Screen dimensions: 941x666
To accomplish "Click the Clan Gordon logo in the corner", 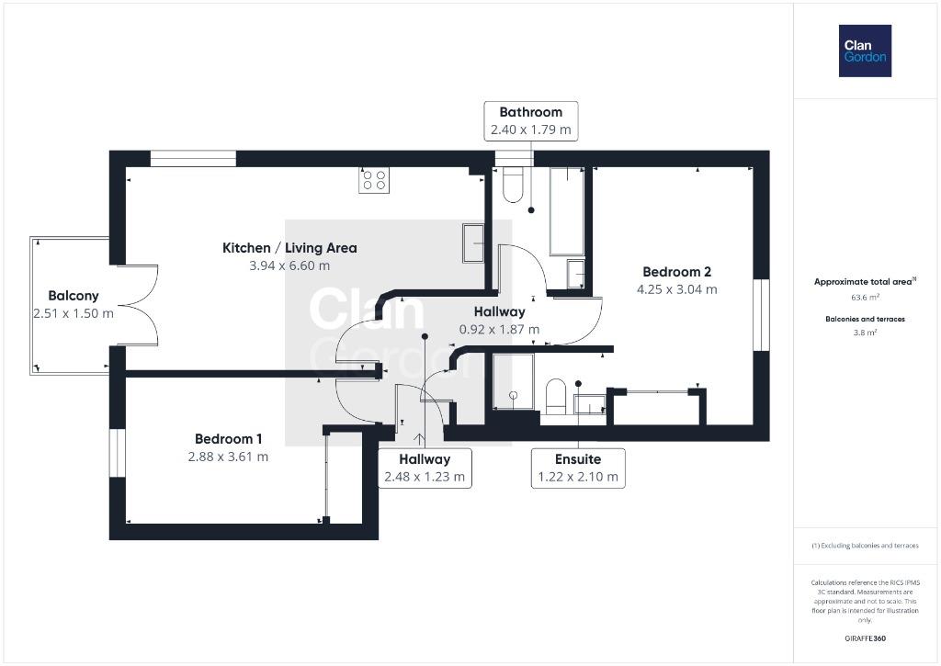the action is pos(865,51).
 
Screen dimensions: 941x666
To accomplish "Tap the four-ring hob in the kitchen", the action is pos(374,180).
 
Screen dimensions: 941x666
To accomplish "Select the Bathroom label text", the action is pos(530,112).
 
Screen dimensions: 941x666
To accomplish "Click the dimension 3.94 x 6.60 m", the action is pos(289,265).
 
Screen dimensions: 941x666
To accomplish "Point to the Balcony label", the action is pos(74,296).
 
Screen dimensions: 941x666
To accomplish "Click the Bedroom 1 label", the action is pos(228,439).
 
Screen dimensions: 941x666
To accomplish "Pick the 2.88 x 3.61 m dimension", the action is pos(228,457).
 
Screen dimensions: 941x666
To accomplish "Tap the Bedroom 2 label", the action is pos(677,272).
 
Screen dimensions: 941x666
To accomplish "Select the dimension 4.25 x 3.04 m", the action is pos(677,289).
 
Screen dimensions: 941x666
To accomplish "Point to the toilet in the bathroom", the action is pos(513,185).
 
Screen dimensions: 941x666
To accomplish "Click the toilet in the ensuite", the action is pos(556,397).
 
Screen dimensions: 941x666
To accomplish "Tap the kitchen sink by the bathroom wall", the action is pos(473,243).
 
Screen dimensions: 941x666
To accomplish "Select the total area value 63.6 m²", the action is pos(865,298).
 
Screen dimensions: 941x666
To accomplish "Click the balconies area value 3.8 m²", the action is pos(865,333).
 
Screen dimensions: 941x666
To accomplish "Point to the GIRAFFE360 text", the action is pos(865,638).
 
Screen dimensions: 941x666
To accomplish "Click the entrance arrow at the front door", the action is pos(419,439).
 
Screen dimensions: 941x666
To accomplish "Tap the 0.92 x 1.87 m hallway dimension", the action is pos(499,330).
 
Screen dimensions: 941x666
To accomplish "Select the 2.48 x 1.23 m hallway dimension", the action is pos(425,477).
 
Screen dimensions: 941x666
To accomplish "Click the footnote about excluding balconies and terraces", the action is pos(865,546).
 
